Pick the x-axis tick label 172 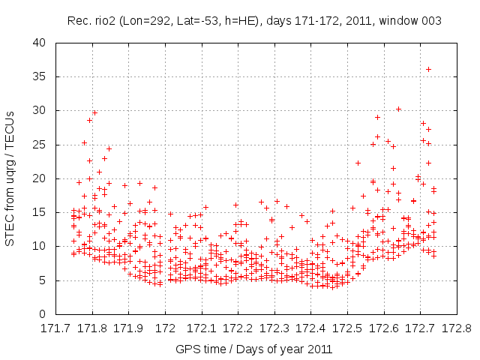165,328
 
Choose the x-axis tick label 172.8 456,328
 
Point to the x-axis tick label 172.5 346,328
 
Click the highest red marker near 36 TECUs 428,69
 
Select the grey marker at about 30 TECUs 398,109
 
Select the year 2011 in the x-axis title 320,349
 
